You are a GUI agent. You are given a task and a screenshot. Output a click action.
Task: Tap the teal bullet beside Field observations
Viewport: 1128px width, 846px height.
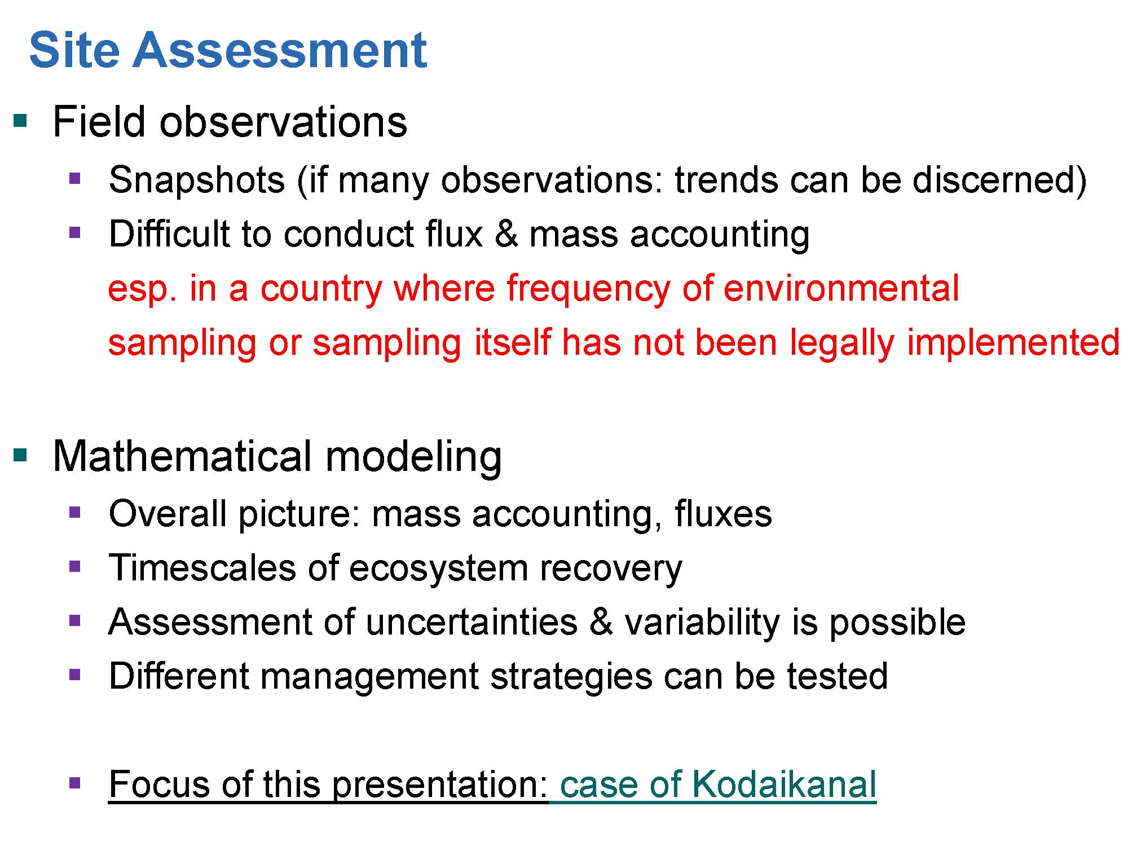point(20,121)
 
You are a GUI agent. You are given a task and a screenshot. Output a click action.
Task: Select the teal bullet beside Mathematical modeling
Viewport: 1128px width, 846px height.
point(20,455)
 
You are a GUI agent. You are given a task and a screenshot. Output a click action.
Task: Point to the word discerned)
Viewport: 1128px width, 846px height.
point(999,180)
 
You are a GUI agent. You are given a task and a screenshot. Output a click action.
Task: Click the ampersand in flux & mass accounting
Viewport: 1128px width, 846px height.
point(506,233)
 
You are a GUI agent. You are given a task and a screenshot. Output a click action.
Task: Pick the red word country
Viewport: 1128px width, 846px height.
point(321,289)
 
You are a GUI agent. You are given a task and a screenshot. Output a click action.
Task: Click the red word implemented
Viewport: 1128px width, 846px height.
point(1013,343)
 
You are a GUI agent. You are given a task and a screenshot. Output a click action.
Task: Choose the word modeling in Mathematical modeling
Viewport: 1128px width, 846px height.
point(413,457)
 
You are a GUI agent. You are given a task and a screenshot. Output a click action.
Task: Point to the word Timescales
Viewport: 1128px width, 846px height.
point(202,567)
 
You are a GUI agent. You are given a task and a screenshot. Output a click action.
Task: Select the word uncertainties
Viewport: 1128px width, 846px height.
point(472,622)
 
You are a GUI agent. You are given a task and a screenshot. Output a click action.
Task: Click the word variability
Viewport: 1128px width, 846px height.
point(702,623)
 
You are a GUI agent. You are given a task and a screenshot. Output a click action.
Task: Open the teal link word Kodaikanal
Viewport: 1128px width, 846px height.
point(784,784)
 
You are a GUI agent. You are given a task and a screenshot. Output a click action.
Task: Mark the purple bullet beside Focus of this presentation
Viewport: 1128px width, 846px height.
point(74,782)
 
